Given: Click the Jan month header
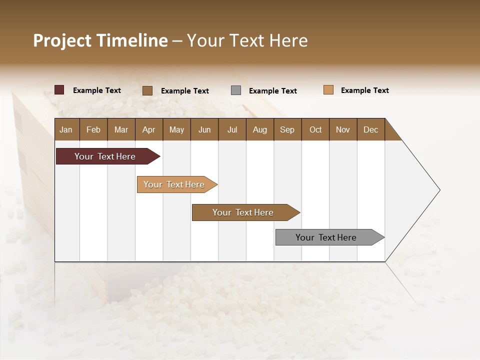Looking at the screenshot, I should point(66,129).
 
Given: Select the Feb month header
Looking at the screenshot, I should point(93,129).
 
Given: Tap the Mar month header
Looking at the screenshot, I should point(121,129).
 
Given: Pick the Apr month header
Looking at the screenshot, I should point(148,129).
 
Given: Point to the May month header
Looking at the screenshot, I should point(176,129).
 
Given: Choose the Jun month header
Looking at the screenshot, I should point(204,129).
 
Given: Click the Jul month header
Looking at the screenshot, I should point(232,129).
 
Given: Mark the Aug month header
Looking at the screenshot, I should point(259,129).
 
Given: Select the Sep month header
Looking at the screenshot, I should point(287,129).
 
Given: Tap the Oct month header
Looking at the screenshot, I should point(315,129).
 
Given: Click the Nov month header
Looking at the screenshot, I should point(343,129).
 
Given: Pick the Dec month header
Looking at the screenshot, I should point(370,129).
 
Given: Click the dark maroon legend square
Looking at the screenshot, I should point(59,90).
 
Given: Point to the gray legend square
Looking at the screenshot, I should point(236,90).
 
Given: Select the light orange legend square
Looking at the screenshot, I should point(328,90).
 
